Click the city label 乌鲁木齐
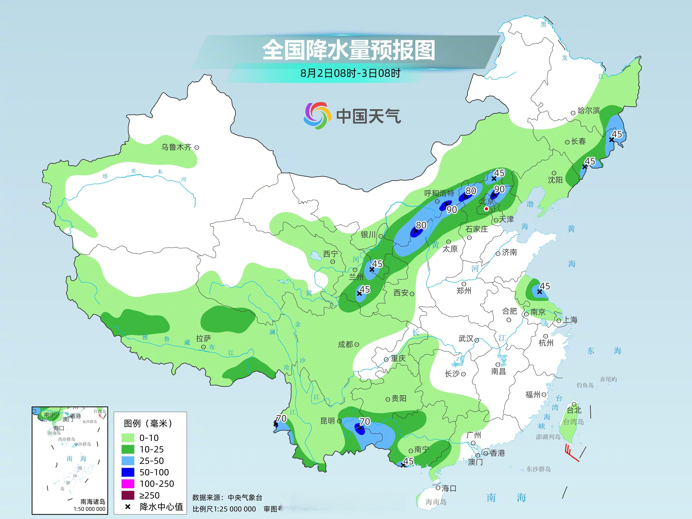tap(176, 147)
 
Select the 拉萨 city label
tap(203, 338)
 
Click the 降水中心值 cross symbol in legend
tap(128, 507)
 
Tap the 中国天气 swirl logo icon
tap(317, 115)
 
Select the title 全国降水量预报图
tap(349, 50)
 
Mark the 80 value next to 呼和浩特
tap(471, 191)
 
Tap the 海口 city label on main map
tap(449, 488)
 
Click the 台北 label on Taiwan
tap(574, 410)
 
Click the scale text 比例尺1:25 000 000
tap(224, 509)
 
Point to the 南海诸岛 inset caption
tap(93, 502)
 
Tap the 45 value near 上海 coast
tap(545, 286)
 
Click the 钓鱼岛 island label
tap(585, 385)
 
